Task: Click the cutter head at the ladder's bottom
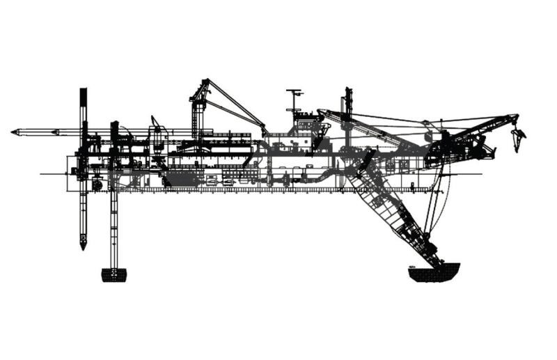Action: pyautogui.click(x=434, y=272)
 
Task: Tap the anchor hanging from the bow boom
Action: pyautogui.click(x=517, y=139)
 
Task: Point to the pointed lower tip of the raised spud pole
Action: pyautogui.click(x=83, y=245)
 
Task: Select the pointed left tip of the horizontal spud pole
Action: pyautogui.click(x=14, y=132)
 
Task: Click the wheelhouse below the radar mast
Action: pyautogui.click(x=306, y=129)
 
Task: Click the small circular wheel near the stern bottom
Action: pyautogui.click(x=97, y=185)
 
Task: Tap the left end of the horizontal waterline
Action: pyautogui.click(x=41, y=173)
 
